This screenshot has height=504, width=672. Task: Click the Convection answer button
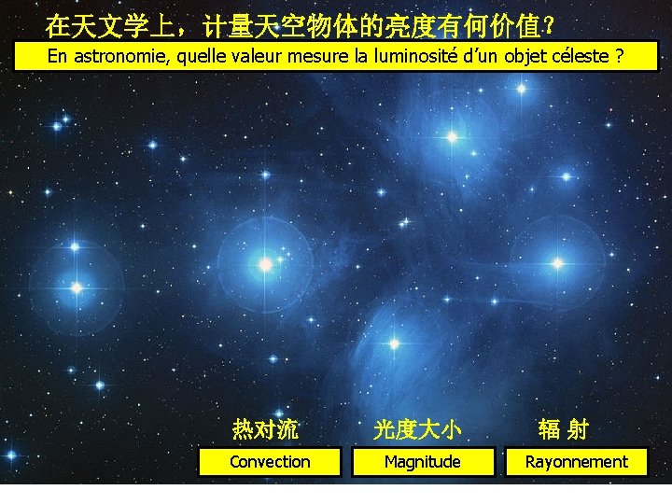[270, 462]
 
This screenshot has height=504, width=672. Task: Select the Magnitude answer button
[423, 462]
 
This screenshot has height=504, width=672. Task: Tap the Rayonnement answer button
[576, 462]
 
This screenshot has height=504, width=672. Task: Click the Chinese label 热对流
[265, 429]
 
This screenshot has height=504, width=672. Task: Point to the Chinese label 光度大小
[417, 429]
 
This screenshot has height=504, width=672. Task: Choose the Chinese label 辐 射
[564, 429]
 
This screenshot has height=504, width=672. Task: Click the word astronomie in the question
[119, 56]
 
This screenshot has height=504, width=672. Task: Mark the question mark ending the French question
[618, 56]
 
